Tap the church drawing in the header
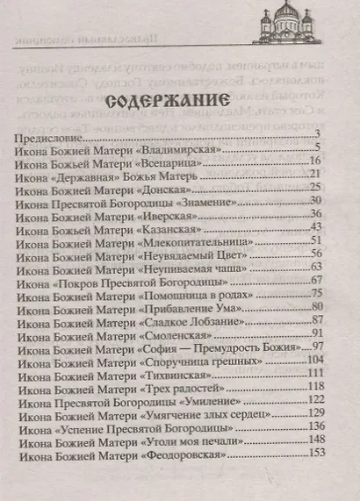[289, 21]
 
